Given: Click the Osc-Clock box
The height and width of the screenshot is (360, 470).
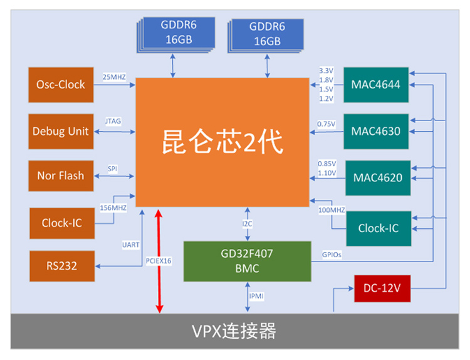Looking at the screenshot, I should pyautogui.click(x=60, y=85).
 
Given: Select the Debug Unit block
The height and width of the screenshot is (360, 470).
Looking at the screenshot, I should pyautogui.click(x=60, y=131).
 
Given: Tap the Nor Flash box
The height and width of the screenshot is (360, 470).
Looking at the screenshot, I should pyautogui.click(x=60, y=176).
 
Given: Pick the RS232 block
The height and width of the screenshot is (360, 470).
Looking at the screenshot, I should pyautogui.click(x=61, y=266).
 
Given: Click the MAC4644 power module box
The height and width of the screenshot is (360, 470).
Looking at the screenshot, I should pyautogui.click(x=376, y=85).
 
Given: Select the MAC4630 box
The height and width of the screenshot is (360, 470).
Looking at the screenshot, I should pyautogui.click(x=376, y=131).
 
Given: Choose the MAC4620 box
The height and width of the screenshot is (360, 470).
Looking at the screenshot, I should pyautogui.click(x=377, y=178).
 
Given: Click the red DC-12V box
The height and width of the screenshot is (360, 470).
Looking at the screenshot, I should pyautogui.click(x=382, y=289).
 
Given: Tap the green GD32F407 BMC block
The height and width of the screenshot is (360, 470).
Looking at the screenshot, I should pyautogui.click(x=247, y=261).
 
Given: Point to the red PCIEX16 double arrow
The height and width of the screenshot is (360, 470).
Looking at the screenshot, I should pyautogui.click(x=159, y=261).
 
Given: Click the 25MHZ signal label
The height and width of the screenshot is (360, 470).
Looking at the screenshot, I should pyautogui.click(x=115, y=77).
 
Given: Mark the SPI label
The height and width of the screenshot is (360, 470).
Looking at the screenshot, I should pyautogui.click(x=112, y=169).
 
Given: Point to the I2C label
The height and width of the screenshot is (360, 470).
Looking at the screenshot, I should pyautogui.click(x=248, y=223).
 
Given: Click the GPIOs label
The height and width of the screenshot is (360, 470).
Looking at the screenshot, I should pyautogui.click(x=332, y=255).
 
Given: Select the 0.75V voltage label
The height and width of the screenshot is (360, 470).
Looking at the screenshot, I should pyautogui.click(x=326, y=124).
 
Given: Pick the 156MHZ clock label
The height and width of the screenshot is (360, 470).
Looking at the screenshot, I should pyautogui.click(x=113, y=208).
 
